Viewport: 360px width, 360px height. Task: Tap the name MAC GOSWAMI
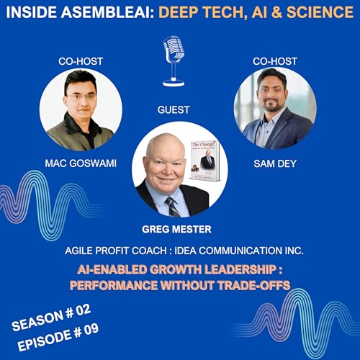pyautogui.click(x=77, y=164)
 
